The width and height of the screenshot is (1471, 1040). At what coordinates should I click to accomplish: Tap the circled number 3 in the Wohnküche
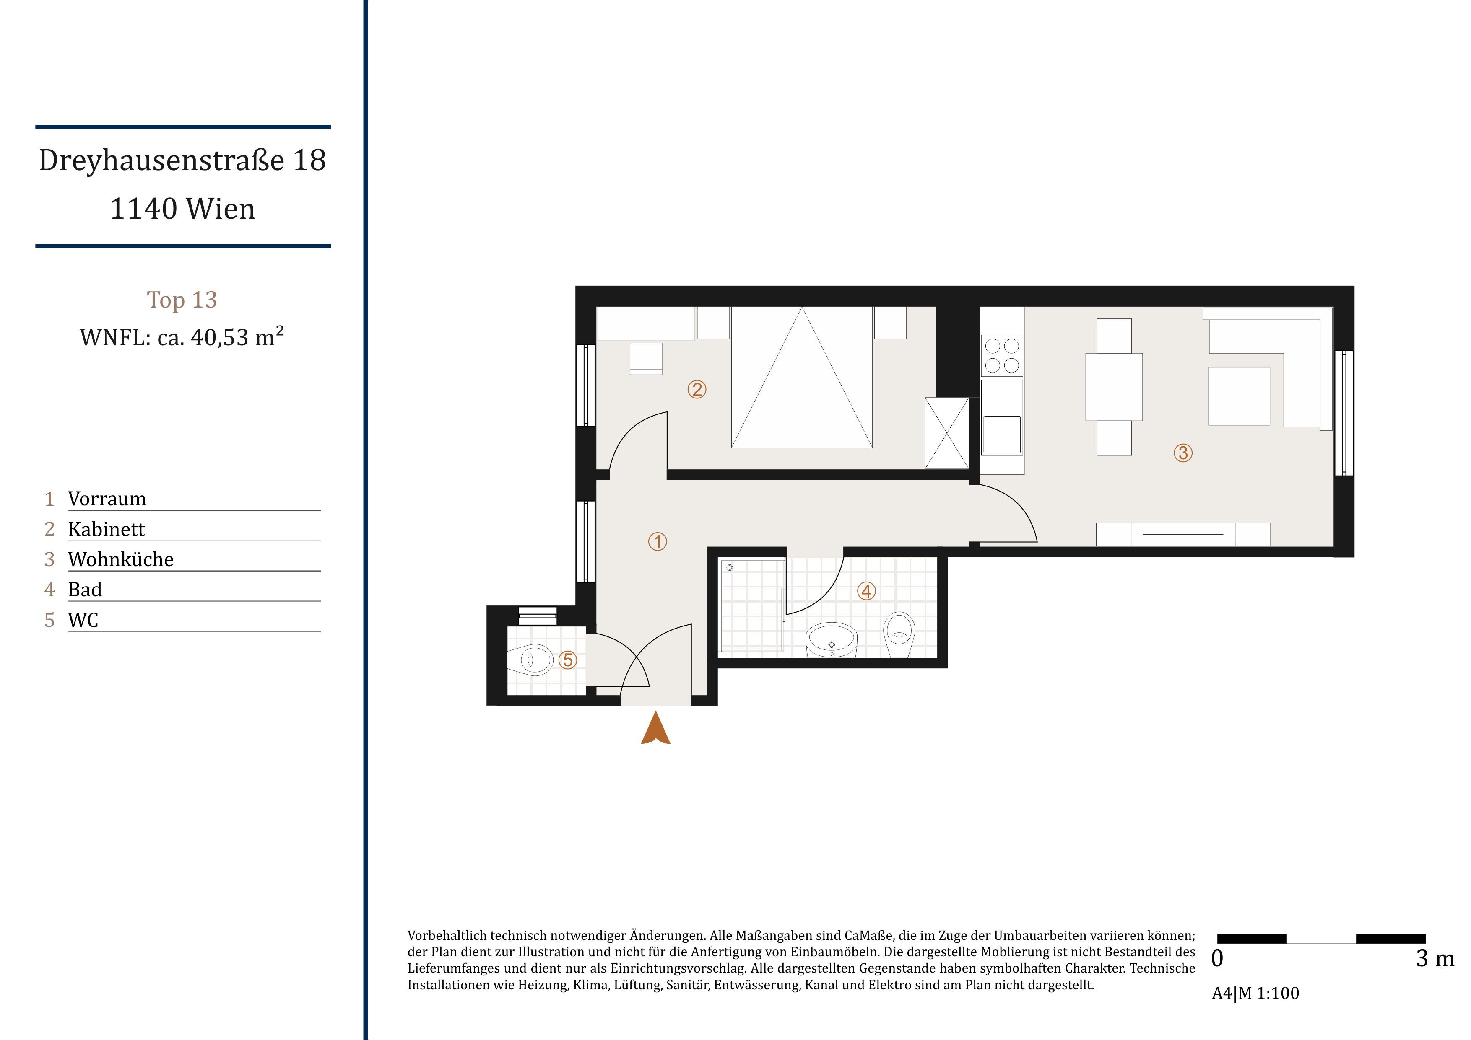coord(1183,453)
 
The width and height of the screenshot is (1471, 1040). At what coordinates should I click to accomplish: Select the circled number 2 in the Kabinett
coord(697,389)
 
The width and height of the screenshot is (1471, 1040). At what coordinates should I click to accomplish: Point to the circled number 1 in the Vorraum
coord(658,542)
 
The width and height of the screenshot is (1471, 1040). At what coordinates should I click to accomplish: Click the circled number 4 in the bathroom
coord(866,591)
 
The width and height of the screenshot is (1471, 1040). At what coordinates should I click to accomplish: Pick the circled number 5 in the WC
coord(568,660)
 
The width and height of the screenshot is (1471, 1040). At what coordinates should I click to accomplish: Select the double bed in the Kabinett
coord(801,377)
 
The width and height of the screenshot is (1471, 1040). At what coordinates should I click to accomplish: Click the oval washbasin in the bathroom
coord(831,640)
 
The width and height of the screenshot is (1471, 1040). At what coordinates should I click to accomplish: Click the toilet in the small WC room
coord(530,659)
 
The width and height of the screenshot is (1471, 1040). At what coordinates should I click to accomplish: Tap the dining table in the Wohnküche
coord(1114,387)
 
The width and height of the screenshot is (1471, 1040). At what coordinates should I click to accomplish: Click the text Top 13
coord(182,300)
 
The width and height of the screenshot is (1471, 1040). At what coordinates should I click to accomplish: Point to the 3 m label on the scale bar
coord(1435,959)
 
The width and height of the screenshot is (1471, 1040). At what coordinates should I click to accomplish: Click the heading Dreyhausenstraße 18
coord(182,160)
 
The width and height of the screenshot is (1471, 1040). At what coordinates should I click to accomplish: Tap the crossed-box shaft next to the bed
coord(947,433)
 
